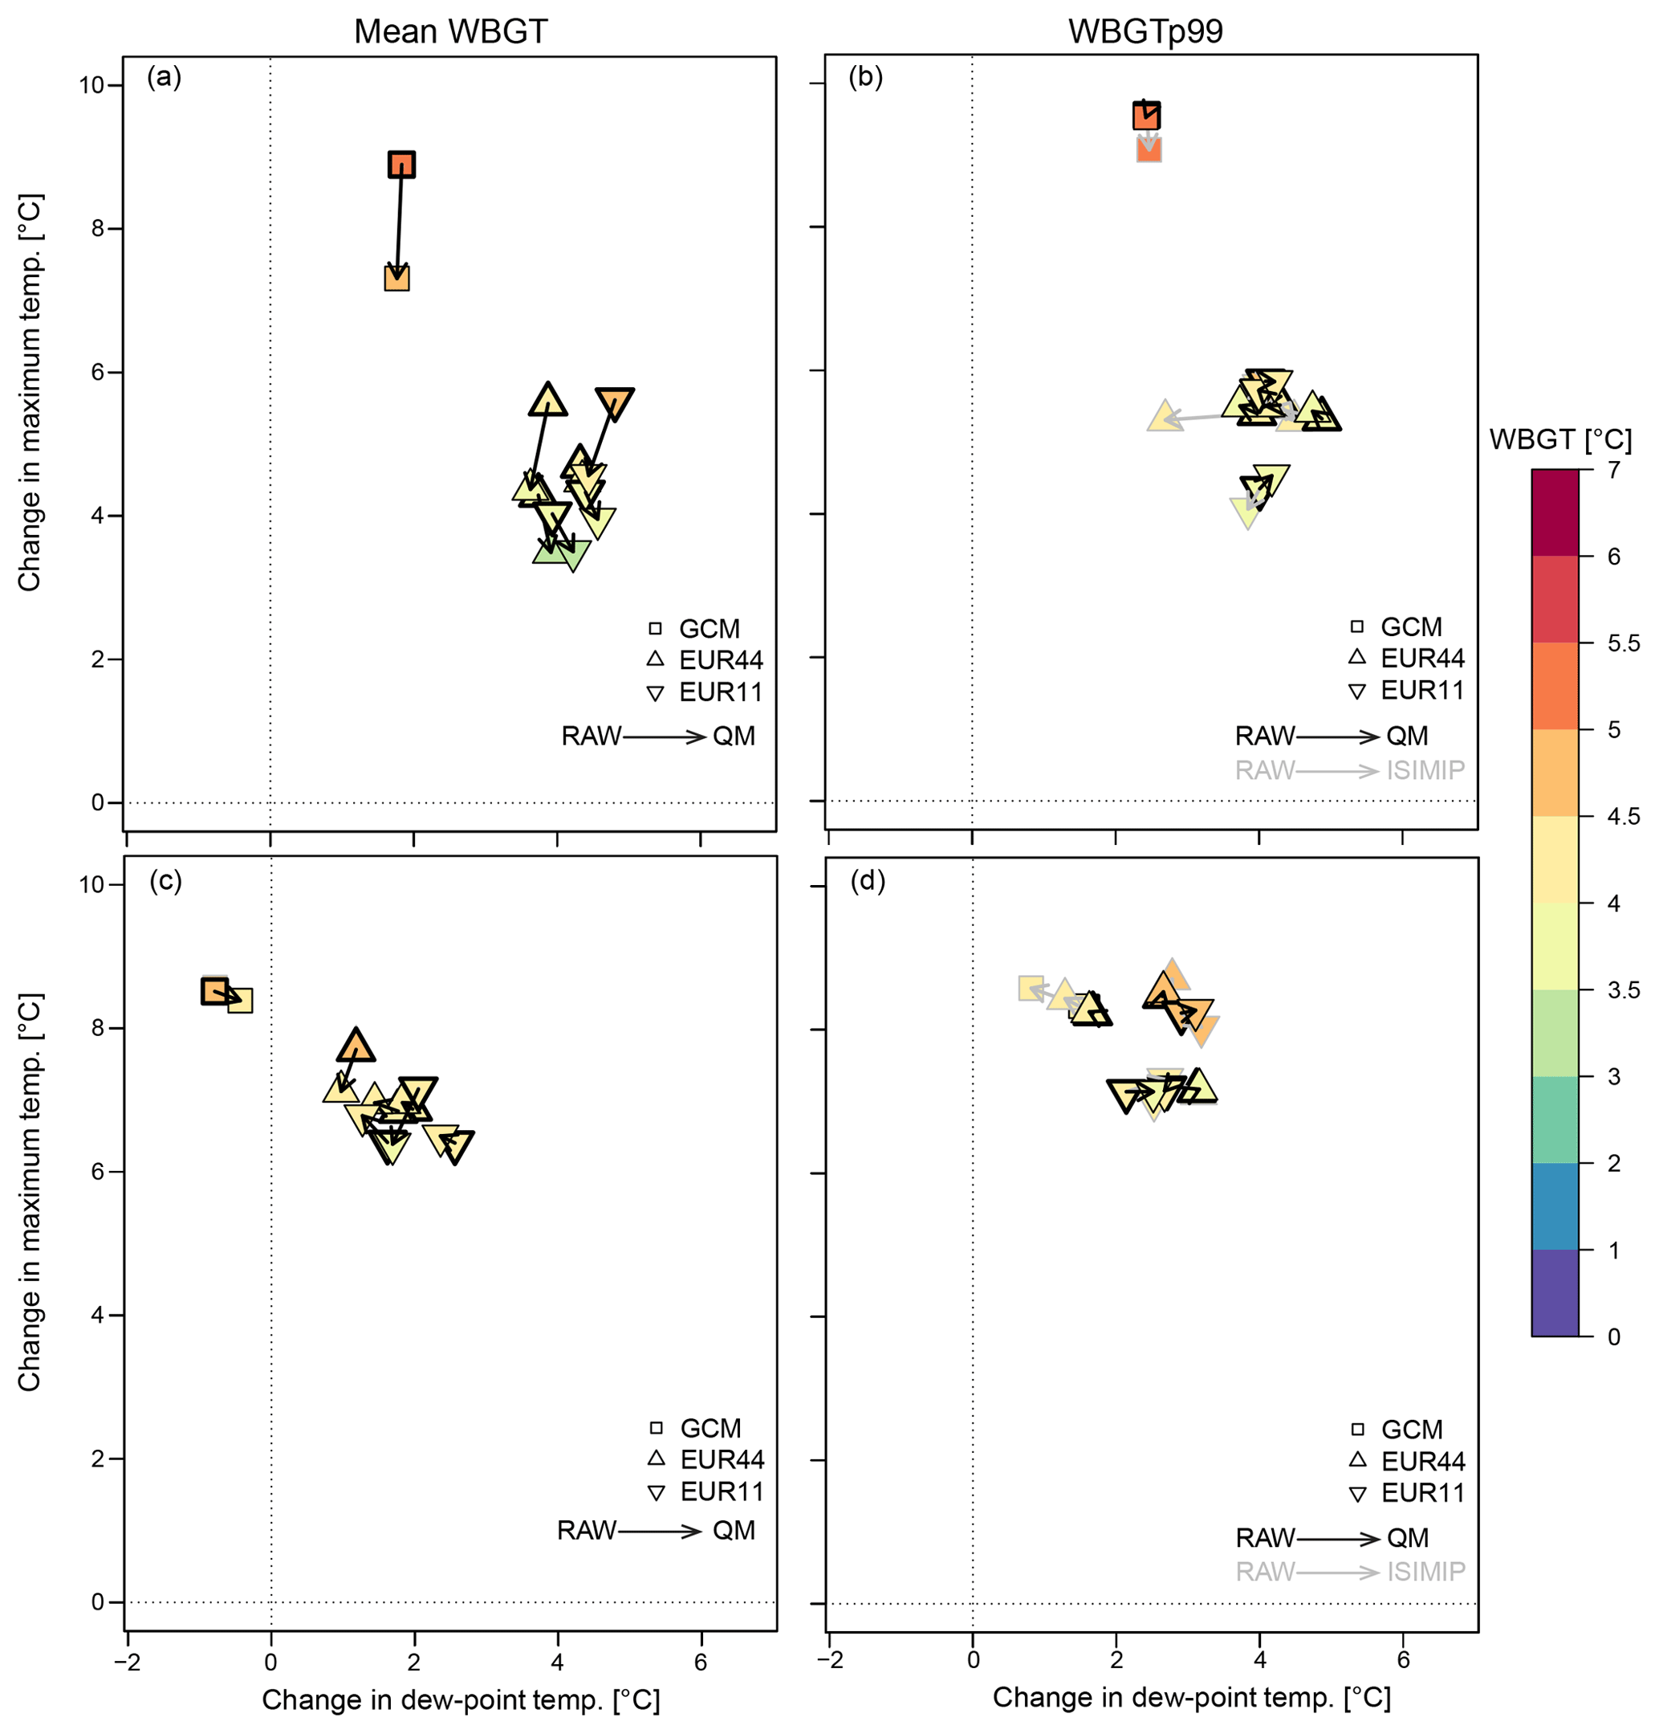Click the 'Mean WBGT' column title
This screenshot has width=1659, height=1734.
pyautogui.click(x=450, y=32)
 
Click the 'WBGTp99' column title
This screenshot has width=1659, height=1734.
pyautogui.click(x=1145, y=32)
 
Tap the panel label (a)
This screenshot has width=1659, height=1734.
pyautogui.click(x=165, y=78)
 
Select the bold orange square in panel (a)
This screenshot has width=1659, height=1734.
pyautogui.click(x=401, y=165)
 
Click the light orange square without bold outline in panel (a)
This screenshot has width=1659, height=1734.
pyautogui.click(x=397, y=278)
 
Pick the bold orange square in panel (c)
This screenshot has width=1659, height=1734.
pyautogui.click(x=214, y=992)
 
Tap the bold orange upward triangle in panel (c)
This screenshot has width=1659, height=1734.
pyautogui.click(x=356, y=1047)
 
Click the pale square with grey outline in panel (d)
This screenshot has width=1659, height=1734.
pyautogui.click(x=1031, y=988)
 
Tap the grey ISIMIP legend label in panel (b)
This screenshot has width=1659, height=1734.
pyautogui.click(x=1425, y=770)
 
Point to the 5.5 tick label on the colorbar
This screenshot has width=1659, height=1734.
pyautogui.click(x=1623, y=643)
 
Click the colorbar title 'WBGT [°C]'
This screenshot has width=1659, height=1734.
pyautogui.click(x=1560, y=439)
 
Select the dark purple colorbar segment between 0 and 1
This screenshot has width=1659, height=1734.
pyautogui.click(x=1555, y=1292)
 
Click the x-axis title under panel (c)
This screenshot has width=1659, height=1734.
pyautogui.click(x=461, y=1699)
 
